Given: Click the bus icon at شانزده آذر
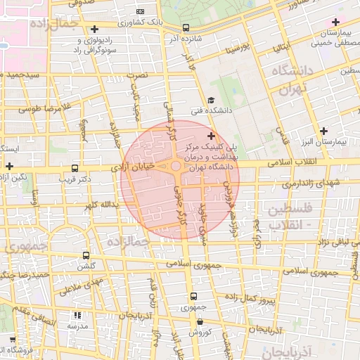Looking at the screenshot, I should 186,28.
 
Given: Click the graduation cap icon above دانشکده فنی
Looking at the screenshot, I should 211,101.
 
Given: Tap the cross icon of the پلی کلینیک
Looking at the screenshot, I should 211,135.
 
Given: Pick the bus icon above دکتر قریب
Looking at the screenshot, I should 75,169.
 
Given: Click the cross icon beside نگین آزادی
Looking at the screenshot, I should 8,166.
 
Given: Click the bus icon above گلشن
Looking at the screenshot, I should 86,256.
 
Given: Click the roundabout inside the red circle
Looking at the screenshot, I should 175,167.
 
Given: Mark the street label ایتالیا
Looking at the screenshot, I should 280,48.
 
